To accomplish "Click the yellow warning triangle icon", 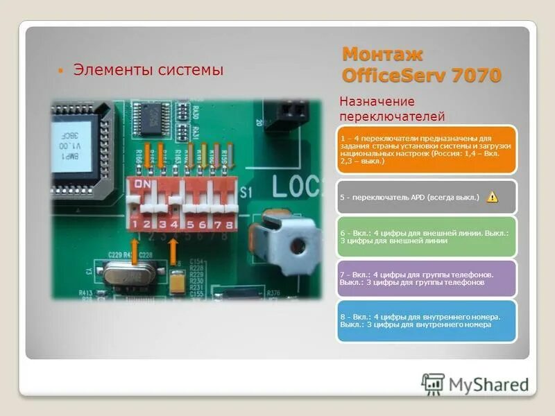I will (492, 197).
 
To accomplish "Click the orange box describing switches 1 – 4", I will (427, 149).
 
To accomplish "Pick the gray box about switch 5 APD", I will (427, 197).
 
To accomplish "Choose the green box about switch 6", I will (427, 237).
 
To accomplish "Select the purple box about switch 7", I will (427, 279).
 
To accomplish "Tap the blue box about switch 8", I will (427, 320).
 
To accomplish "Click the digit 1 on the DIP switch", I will (134, 224).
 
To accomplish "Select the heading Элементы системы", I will (148, 69).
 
